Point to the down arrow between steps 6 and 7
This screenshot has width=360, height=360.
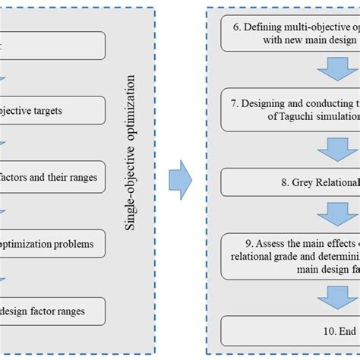[338, 70]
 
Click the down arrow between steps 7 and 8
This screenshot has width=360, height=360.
[338, 147]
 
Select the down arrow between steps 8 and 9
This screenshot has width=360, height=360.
[338, 216]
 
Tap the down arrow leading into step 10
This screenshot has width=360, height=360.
[338, 295]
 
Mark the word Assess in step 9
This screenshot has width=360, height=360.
[261, 244]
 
